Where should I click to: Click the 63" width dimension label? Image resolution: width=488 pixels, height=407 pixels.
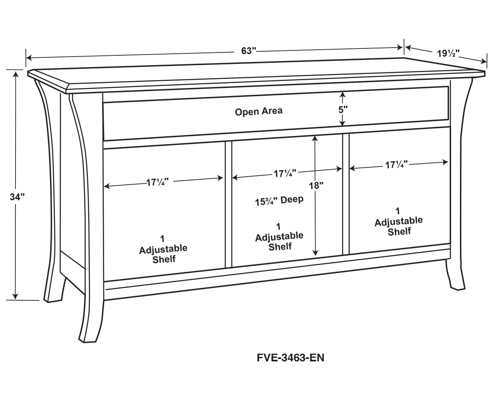point(248,51)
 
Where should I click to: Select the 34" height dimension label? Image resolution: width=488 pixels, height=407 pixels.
point(17,197)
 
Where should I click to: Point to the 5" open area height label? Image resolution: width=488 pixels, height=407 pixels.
point(343,109)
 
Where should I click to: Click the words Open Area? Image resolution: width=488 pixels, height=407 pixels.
point(259,112)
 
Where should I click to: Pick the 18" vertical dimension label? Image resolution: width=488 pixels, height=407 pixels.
point(316,186)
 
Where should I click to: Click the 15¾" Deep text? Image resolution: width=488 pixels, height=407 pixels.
point(279,201)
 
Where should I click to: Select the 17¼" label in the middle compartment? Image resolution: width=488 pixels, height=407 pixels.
point(285,173)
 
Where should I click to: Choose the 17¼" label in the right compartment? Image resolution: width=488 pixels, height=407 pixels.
point(396,165)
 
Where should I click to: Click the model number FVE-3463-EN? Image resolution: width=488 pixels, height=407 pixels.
point(290,358)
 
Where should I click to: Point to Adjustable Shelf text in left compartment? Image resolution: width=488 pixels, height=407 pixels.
point(163,254)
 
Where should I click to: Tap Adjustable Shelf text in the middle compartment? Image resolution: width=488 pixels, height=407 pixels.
point(279,241)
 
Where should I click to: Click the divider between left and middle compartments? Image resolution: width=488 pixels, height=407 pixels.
point(229,204)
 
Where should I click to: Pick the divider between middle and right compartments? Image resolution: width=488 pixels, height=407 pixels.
point(346,194)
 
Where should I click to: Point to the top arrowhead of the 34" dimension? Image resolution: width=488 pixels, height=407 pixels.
point(16,74)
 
